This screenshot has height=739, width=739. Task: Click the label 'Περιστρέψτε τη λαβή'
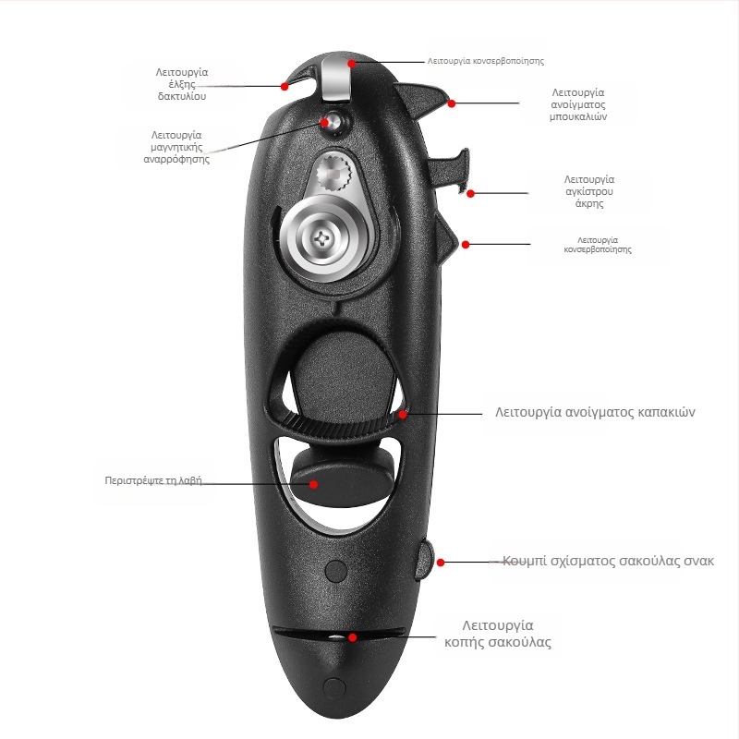(x=153, y=481)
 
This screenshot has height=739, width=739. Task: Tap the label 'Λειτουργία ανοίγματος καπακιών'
(x=595, y=412)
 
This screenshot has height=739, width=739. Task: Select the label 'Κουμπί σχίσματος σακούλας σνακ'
(x=608, y=561)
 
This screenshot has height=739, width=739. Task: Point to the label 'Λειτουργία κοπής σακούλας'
(x=498, y=634)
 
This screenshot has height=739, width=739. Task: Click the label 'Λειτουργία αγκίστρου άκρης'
(x=589, y=191)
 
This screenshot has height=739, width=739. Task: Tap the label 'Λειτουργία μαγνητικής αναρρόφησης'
(x=176, y=147)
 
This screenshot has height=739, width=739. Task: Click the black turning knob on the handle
(x=342, y=479)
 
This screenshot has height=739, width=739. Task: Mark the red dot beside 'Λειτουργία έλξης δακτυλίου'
(x=285, y=86)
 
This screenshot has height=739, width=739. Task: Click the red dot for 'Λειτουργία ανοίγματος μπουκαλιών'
(x=452, y=103)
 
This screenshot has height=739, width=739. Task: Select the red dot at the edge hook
(x=471, y=194)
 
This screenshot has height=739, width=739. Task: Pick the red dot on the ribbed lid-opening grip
(x=404, y=415)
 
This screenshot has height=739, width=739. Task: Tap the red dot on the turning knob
(x=314, y=483)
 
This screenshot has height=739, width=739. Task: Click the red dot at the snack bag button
(x=441, y=562)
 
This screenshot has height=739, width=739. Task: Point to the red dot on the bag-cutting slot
(x=352, y=636)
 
